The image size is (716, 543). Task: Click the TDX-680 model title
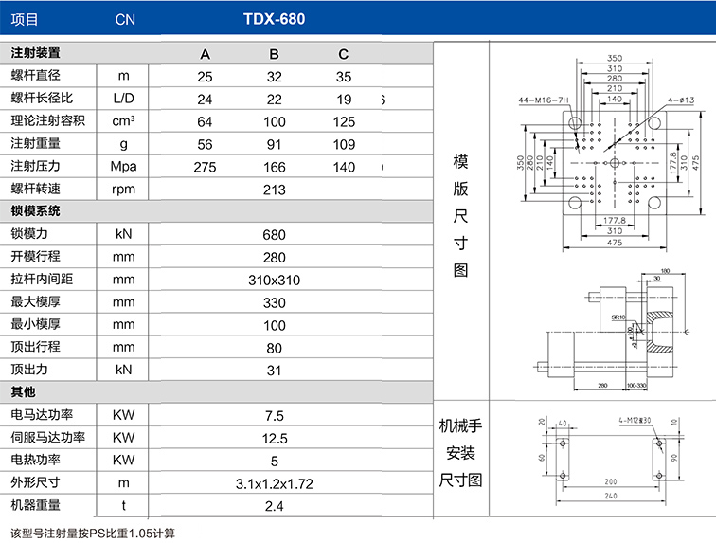[274, 19]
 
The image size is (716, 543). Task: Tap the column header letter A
[205, 53]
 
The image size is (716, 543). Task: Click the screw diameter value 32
[275, 76]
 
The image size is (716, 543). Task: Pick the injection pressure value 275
[205, 167]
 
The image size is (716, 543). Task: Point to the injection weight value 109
[344, 144]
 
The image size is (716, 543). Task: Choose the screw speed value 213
[275, 190]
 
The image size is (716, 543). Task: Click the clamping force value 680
[275, 234]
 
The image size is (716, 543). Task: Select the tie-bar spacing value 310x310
[275, 280]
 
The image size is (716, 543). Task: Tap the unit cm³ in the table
[124, 121]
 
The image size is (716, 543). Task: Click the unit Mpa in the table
[124, 167]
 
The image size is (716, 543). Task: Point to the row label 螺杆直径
[35, 76]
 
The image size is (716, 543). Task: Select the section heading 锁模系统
[35, 210]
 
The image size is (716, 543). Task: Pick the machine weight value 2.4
[275, 506]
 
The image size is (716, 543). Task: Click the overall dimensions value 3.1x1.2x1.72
[275, 483]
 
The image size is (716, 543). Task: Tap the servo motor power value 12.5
[275, 438]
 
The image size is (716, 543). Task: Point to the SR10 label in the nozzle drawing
[618, 316]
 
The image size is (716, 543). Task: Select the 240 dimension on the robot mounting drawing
[611, 494]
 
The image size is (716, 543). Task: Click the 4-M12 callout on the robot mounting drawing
[635, 418]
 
